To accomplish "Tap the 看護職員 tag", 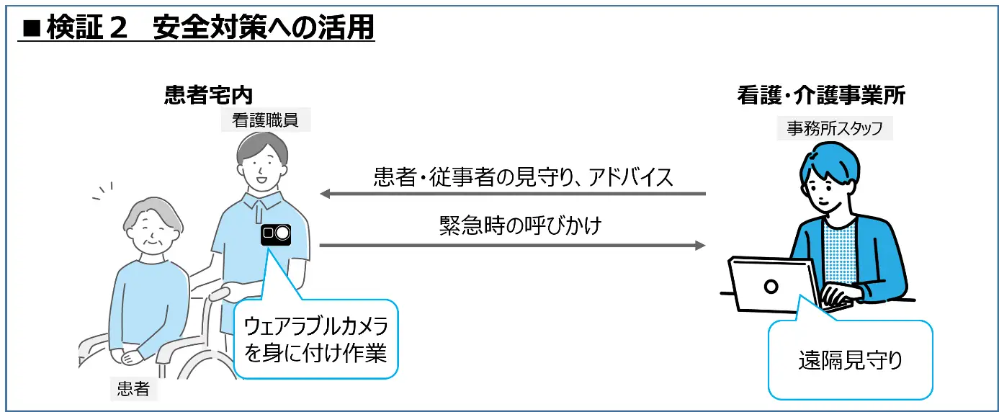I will (x=265, y=121).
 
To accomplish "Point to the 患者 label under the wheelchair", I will (x=133, y=389).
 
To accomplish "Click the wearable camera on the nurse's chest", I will (x=275, y=233).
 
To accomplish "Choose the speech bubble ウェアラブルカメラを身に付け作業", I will (x=315, y=339).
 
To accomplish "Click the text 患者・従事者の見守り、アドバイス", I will (x=524, y=177).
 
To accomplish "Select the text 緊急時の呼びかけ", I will (x=520, y=226).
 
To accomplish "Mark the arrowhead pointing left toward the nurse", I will (x=325, y=194).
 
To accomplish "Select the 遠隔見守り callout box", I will (x=850, y=359).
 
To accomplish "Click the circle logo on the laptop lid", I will (x=771, y=286).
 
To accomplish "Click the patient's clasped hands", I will (x=135, y=355).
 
